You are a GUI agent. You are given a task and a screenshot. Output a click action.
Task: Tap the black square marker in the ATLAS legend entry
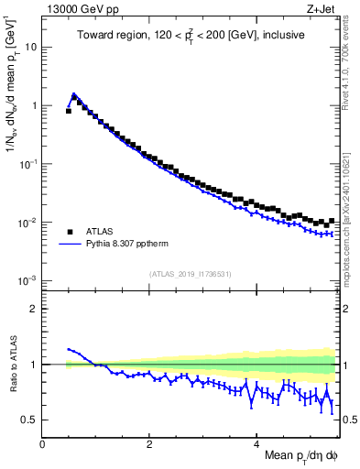tap(69, 232)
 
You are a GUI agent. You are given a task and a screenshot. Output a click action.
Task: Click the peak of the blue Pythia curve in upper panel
tap(74, 93)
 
